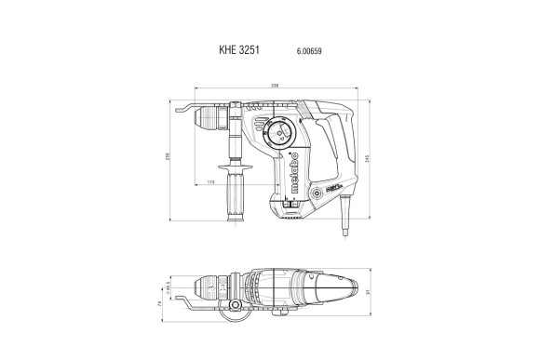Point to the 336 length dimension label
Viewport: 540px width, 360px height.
tap(274, 86)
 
